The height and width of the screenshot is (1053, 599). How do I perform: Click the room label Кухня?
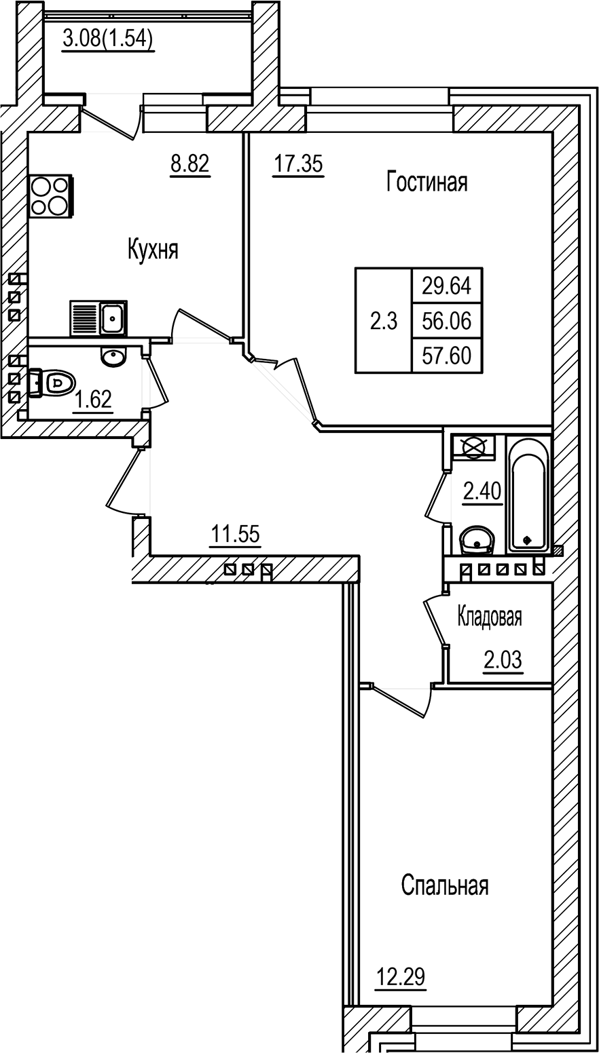[153, 250]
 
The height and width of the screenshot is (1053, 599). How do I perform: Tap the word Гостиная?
[426, 182]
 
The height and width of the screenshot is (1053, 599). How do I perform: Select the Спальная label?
[445, 885]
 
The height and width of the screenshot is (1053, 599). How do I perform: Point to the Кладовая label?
[490, 617]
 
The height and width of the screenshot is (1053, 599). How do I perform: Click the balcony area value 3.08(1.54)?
[108, 39]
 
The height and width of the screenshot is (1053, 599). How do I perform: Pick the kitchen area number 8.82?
[189, 164]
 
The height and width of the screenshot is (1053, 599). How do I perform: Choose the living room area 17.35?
[299, 164]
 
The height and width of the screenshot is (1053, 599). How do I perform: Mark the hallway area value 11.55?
[235, 534]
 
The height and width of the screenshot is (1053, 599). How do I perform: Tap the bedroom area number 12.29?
[401, 976]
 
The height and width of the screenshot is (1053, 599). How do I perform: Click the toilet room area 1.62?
[93, 400]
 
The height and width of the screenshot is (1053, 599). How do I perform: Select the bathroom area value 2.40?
[482, 492]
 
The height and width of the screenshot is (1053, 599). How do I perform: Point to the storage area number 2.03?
[503, 660]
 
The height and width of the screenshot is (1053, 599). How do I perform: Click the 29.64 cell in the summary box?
[447, 286]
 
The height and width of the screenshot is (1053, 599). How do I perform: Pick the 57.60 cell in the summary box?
[447, 356]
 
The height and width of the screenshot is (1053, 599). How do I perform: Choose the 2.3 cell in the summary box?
[384, 322]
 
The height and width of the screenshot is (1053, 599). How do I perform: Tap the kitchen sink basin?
[113, 318]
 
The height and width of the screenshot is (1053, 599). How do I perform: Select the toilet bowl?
[52, 383]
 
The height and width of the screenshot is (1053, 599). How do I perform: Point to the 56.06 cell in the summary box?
[447, 322]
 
